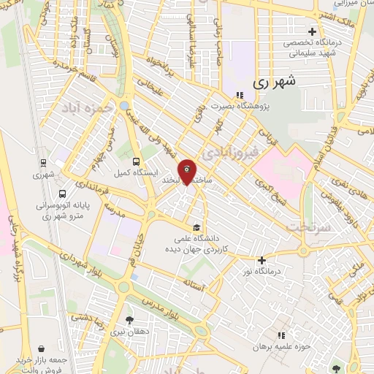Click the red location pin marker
[x=187, y=171]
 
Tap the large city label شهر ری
[x=277, y=83]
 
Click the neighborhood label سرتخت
[x=309, y=227]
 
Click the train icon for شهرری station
[x=43, y=163]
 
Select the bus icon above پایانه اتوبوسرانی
[x=61, y=194]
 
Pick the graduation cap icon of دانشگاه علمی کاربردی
[x=195, y=227]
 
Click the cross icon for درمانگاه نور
[x=262, y=259]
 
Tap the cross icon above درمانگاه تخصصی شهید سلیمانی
[x=313, y=31]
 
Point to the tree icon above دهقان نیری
[x=129, y=320]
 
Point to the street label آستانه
[x=194, y=282]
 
